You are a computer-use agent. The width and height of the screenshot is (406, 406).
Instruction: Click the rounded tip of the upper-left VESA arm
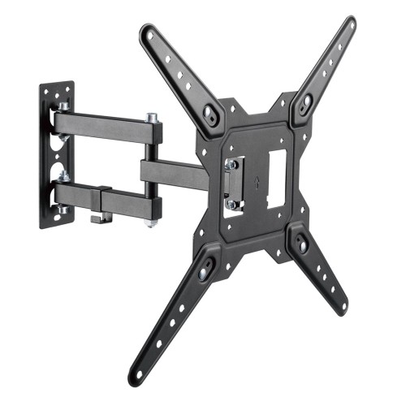pyautogui.click(x=148, y=32)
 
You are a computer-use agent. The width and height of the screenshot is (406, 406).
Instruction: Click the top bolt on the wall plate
pyautogui.click(x=62, y=106)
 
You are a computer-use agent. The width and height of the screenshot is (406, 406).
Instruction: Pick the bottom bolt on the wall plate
pyautogui.click(x=63, y=209)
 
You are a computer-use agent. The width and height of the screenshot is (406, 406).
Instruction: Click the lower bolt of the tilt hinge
pyautogui.click(x=232, y=205)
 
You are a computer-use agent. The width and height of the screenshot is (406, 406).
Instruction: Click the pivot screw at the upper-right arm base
pyautogui.click(x=305, y=103)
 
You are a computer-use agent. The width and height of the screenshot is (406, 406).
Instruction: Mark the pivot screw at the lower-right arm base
pyautogui.click(x=301, y=242)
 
